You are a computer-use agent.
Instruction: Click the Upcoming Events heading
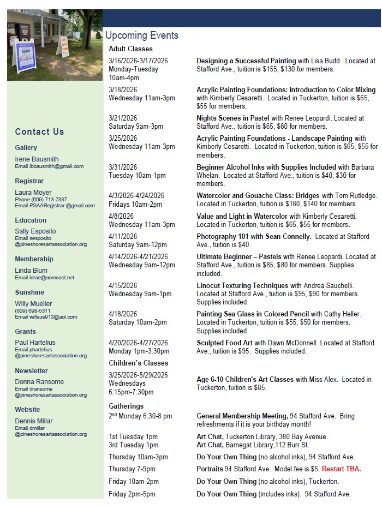pos(142,35)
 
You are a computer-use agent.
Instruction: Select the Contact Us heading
pos(39,131)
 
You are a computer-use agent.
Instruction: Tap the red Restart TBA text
pos(341,469)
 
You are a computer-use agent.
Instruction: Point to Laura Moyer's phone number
pos(41,200)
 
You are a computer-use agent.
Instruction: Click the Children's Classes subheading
pos(139,363)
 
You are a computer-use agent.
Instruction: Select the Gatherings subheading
pos(126,406)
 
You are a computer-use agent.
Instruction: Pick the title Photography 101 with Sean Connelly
pos(254,236)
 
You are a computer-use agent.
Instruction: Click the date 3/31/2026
pos(123,167)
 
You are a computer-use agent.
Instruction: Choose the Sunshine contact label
pos(29,292)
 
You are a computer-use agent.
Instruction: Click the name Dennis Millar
pos(34,421)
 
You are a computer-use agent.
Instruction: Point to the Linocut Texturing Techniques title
pos(242,285)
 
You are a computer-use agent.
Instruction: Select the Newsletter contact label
pos(32,371)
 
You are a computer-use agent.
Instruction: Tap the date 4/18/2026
pos(123,314)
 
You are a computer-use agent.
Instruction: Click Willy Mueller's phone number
pos(33,311)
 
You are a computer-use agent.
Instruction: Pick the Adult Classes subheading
pos(130,49)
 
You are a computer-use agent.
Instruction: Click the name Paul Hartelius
pos(35,343)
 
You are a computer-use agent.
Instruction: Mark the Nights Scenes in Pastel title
pos(233,118)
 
